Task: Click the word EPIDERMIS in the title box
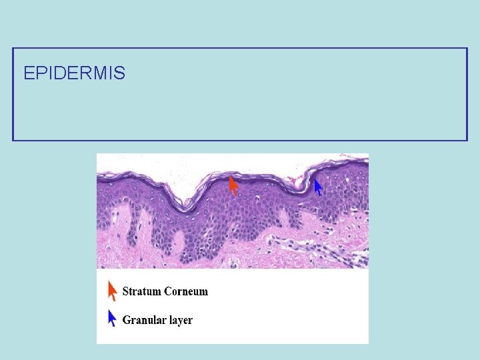(74, 73)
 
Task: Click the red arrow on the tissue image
(233, 185)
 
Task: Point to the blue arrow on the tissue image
(318, 187)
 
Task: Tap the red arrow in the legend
(112, 291)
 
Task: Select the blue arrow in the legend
(112, 318)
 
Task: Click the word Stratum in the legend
(142, 291)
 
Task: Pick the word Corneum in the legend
(186, 291)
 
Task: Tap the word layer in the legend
(181, 321)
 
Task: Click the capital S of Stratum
(126, 291)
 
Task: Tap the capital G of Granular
(127, 320)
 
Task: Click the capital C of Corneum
(169, 291)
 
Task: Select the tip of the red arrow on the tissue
(230, 177)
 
